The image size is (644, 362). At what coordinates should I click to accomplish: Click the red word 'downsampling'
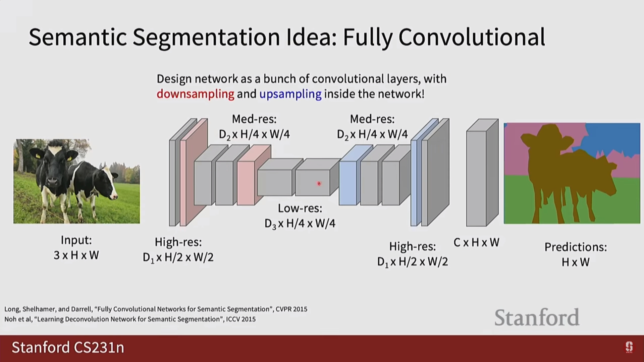point(195,94)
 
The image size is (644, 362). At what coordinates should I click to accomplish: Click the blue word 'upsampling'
point(290,94)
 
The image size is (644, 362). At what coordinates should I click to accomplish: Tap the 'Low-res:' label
point(300,208)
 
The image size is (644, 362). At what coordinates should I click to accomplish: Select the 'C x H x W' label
point(476,243)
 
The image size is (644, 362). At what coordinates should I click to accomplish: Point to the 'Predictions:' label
point(576,247)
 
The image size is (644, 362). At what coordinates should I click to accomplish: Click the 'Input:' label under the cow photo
point(76,240)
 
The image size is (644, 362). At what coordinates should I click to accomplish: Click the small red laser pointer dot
point(319,183)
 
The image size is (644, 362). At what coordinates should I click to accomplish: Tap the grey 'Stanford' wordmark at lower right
point(537,317)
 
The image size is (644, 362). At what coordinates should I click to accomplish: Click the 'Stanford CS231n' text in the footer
point(68,348)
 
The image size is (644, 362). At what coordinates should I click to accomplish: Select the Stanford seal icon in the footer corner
point(629,347)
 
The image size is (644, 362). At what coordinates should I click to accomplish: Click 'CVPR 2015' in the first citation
point(291,309)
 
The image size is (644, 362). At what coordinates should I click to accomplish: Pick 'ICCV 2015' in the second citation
point(240,319)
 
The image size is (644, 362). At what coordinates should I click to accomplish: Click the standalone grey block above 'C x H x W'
point(476,178)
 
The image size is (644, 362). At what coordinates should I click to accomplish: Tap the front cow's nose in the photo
point(53,183)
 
